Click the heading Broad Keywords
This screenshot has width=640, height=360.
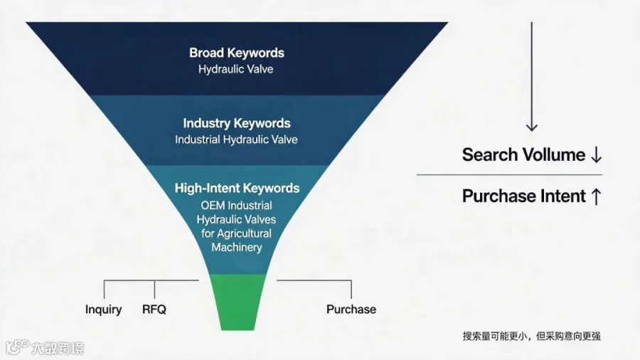[237, 53]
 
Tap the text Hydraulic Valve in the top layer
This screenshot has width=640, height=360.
[236, 69]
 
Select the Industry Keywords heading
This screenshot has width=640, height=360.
[237, 123]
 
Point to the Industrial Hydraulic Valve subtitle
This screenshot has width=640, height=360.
[236, 139]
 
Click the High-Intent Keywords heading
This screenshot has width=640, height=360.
[237, 188]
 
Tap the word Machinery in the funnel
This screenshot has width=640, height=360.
[237, 248]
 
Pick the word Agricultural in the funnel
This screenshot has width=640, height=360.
[244, 233]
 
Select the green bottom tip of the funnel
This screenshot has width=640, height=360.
[238, 302]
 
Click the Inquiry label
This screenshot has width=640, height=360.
[104, 309]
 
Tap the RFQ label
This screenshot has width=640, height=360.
[154, 309]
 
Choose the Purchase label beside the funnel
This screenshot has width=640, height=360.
[351, 309]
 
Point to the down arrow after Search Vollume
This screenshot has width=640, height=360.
[597, 155]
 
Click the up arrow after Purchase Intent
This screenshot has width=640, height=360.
[597, 196]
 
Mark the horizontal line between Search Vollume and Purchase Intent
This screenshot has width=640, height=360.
[509, 175]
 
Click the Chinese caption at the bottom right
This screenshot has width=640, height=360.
[531, 337]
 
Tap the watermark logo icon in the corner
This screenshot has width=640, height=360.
[17, 347]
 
